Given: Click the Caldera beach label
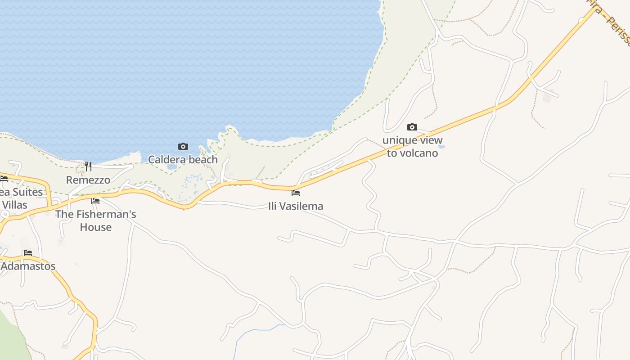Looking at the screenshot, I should point(183,159).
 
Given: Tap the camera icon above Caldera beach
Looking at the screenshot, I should point(183,146).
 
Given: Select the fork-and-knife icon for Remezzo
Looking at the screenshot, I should point(88,166).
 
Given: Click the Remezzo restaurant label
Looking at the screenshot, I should point(88,180).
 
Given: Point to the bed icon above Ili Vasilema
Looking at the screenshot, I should point(296,193).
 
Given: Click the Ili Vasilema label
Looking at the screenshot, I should point(296,206).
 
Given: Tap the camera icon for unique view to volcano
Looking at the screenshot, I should point(412,127).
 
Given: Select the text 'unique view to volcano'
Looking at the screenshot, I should point(412,147).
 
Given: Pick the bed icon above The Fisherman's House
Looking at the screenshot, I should point(95,201).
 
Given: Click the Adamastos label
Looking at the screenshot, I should point(28,266).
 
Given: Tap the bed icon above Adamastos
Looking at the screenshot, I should point(28,253).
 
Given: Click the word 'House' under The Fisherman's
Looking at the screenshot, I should point(95,227).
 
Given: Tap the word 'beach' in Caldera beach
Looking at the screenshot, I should point(203,159).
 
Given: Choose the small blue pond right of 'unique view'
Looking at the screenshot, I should point(441,147).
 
